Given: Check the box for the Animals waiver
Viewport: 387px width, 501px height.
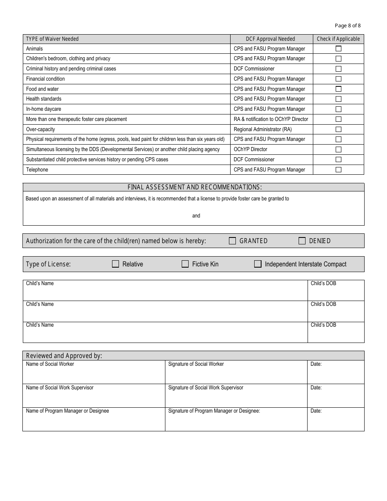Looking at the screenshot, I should [x=338, y=48].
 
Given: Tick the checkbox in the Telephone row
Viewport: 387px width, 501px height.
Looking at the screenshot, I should [x=338, y=170].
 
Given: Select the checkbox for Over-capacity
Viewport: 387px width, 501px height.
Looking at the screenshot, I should [x=338, y=130].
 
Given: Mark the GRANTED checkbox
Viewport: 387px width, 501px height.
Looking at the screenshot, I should [x=233, y=241].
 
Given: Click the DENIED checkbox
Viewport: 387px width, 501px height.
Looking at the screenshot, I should [x=302, y=241].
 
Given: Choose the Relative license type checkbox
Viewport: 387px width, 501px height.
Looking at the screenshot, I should [x=116, y=264].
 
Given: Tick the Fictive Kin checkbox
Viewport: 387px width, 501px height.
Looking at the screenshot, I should [x=185, y=264].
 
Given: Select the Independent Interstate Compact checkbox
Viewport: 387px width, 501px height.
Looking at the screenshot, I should [x=258, y=264].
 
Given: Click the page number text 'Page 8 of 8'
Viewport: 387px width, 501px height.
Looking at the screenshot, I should [x=347, y=26].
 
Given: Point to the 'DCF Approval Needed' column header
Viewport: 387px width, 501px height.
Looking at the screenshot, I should [x=270, y=39].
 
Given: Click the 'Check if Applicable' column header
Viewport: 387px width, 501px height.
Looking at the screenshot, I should [x=338, y=39].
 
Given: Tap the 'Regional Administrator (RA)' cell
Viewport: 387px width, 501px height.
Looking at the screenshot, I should [x=263, y=130].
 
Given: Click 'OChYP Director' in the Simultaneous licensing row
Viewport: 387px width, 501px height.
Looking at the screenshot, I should [x=251, y=149].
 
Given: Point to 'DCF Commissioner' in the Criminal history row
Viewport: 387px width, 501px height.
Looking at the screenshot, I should [x=254, y=69].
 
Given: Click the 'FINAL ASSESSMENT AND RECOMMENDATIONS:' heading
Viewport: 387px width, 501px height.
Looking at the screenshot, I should [x=195, y=187].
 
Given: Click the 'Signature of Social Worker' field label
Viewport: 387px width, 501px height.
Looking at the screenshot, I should [x=196, y=364].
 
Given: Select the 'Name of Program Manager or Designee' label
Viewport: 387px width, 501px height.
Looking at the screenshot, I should [x=68, y=411].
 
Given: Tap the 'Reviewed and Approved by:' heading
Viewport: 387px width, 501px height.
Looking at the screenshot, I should [x=64, y=356].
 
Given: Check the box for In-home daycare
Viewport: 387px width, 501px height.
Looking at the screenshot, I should [x=338, y=109].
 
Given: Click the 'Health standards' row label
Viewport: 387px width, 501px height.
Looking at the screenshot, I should [x=44, y=99].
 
